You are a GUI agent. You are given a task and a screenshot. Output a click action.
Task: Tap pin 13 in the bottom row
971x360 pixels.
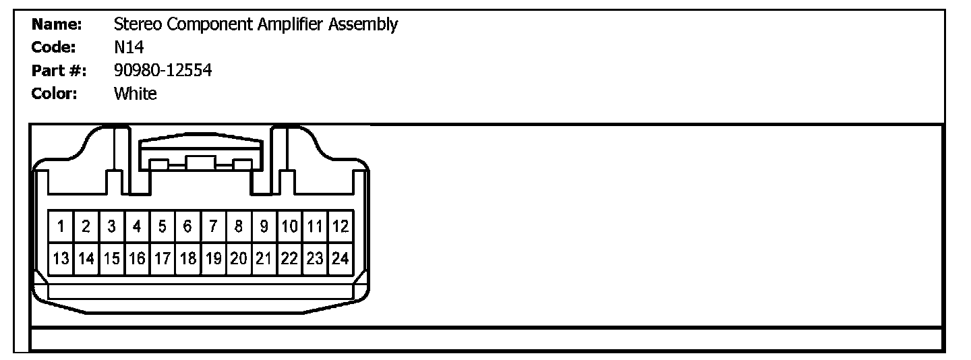coord(61,258)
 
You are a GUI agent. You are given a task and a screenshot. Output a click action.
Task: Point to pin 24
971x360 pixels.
coord(341,258)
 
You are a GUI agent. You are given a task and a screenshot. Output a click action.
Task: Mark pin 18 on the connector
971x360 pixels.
coord(188,258)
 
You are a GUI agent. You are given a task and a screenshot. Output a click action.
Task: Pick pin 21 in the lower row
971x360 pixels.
coord(264,258)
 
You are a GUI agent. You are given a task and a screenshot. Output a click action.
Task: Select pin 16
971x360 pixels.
coord(137,258)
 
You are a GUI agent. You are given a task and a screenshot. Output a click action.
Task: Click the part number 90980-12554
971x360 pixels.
coord(163,70)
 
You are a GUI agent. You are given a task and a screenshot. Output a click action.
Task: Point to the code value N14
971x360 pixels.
coord(129,47)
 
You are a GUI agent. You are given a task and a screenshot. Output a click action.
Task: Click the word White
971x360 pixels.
coord(136,94)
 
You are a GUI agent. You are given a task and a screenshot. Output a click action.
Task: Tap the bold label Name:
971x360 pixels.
coord(57,25)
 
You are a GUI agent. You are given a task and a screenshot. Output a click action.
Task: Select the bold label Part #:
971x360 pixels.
coord(59,70)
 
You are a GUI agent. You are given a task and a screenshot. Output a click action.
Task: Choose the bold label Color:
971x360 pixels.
coord(55,94)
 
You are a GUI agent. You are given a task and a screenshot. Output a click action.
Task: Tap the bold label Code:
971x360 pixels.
coord(54,47)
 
